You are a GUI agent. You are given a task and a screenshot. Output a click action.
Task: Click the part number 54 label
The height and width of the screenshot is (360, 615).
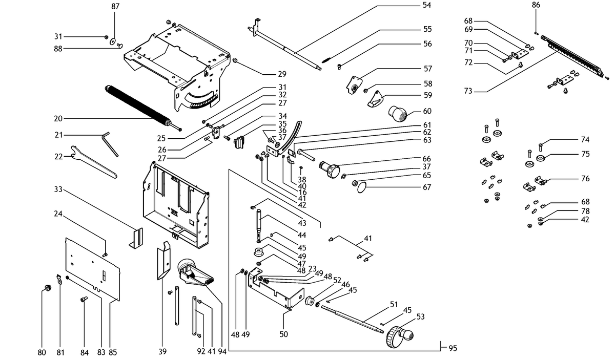pyautogui.click(x=426, y=5)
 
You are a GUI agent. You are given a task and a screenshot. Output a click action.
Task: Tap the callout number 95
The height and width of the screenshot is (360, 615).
pyautogui.click(x=453, y=348)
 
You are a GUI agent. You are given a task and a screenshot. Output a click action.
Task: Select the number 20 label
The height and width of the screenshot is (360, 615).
pyautogui.click(x=58, y=118)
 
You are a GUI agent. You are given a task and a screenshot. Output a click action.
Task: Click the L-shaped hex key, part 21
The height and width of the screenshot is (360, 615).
pyautogui.click(x=110, y=144)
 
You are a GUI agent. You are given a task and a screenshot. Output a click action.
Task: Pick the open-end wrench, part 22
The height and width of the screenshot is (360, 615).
pyautogui.click(x=93, y=162)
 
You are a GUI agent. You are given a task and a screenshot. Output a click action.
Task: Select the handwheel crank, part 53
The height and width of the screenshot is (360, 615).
pyautogui.click(x=399, y=336)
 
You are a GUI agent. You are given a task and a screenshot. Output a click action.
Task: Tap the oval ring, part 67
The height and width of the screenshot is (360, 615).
pyautogui.click(x=362, y=188)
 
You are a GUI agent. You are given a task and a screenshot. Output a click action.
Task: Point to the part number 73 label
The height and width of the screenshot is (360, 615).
pyautogui.click(x=468, y=91)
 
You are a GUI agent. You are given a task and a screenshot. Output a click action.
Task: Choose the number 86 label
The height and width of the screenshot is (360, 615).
pyautogui.click(x=536, y=5)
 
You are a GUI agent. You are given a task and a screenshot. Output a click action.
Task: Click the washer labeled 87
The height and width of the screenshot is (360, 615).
pyautogui.click(x=113, y=41)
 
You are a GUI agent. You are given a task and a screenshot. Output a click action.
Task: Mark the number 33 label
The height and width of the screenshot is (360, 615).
pyautogui.click(x=58, y=189)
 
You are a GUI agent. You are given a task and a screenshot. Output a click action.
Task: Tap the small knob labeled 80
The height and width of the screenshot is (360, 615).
pyautogui.click(x=48, y=288)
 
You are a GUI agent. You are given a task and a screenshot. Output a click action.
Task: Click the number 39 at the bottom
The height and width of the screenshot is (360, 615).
pyautogui.click(x=162, y=351)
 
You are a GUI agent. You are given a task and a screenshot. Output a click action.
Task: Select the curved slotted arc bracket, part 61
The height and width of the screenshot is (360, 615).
pyautogui.click(x=291, y=137)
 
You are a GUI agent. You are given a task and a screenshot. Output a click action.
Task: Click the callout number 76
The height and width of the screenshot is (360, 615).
pyautogui.click(x=585, y=179)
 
